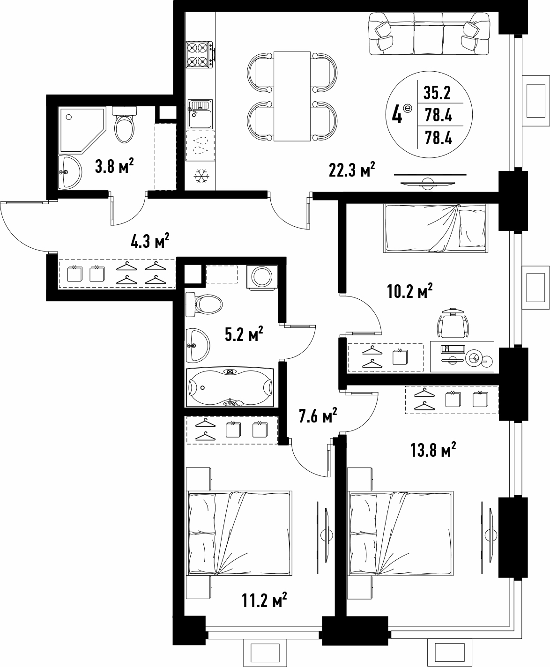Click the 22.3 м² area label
(351, 170)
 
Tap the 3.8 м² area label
(114, 166)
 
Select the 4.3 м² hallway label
(150, 241)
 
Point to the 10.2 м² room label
(410, 290)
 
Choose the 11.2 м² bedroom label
(264, 600)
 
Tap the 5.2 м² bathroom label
(244, 334)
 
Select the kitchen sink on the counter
(200, 114)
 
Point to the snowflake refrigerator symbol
(201, 176)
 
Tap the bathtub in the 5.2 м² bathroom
(230, 387)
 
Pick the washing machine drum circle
(262, 276)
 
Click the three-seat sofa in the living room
(429, 34)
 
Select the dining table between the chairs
(292, 96)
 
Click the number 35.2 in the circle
(437, 93)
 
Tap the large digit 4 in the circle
(397, 115)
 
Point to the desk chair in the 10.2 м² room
(453, 323)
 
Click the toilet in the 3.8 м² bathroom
(124, 125)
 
